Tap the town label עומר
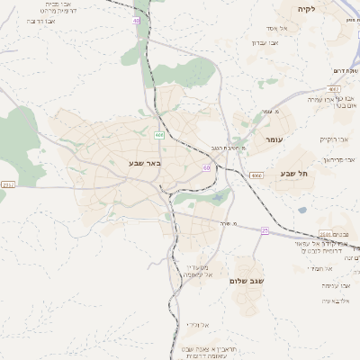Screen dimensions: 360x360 pyautogui.click(x=274, y=140)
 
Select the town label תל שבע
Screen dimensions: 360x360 pyautogui.click(x=293, y=173)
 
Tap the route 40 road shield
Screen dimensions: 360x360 pyautogui.click(x=136, y=19)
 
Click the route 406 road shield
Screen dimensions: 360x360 pyautogui.click(x=159, y=135)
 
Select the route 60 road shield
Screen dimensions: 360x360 pyautogui.click(x=207, y=167)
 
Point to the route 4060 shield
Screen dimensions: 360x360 pyautogui.click(x=257, y=175)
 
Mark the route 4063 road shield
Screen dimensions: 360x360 pyautogui.click(x=334, y=89)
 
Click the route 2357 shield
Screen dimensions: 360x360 pyautogui.click(x=8, y=184)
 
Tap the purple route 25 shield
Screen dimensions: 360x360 pyautogui.click(x=265, y=230)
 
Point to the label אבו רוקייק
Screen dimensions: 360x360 pyautogui.click(x=334, y=139)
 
